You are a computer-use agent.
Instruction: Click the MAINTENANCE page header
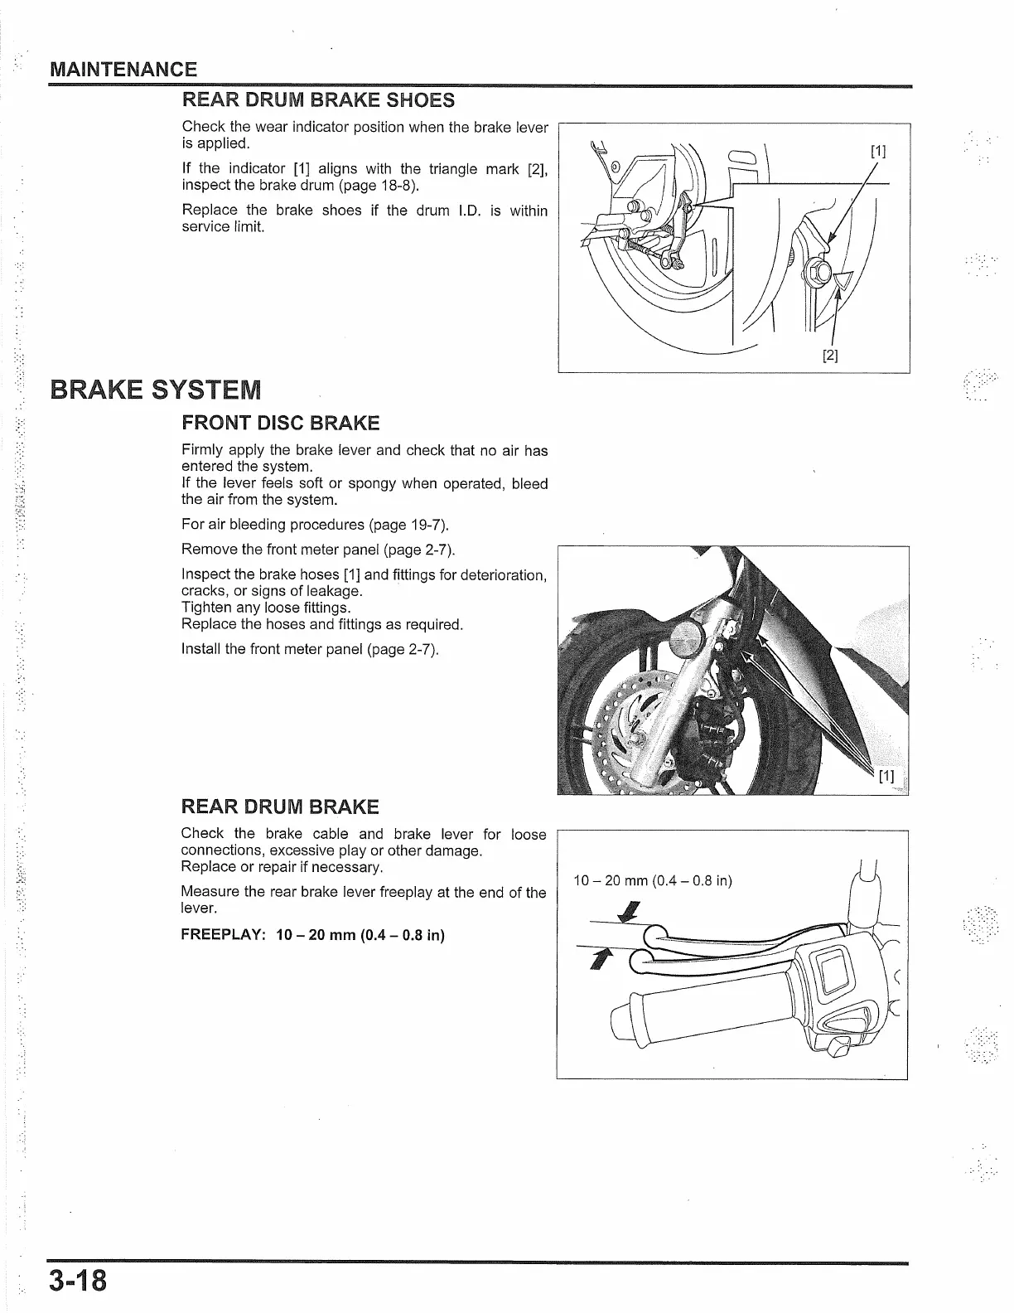[x=123, y=70]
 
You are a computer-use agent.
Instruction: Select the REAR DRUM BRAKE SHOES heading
[x=318, y=101]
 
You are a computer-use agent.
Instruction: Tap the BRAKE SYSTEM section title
[x=156, y=389]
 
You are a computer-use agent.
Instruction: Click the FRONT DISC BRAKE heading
[x=280, y=424]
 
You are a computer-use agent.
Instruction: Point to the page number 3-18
[x=78, y=1281]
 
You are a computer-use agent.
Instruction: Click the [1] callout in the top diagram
[x=878, y=151]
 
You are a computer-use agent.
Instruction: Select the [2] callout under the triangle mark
[x=830, y=356]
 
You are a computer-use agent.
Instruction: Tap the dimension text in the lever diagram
[x=653, y=880]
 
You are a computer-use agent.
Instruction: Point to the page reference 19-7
[x=425, y=525]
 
